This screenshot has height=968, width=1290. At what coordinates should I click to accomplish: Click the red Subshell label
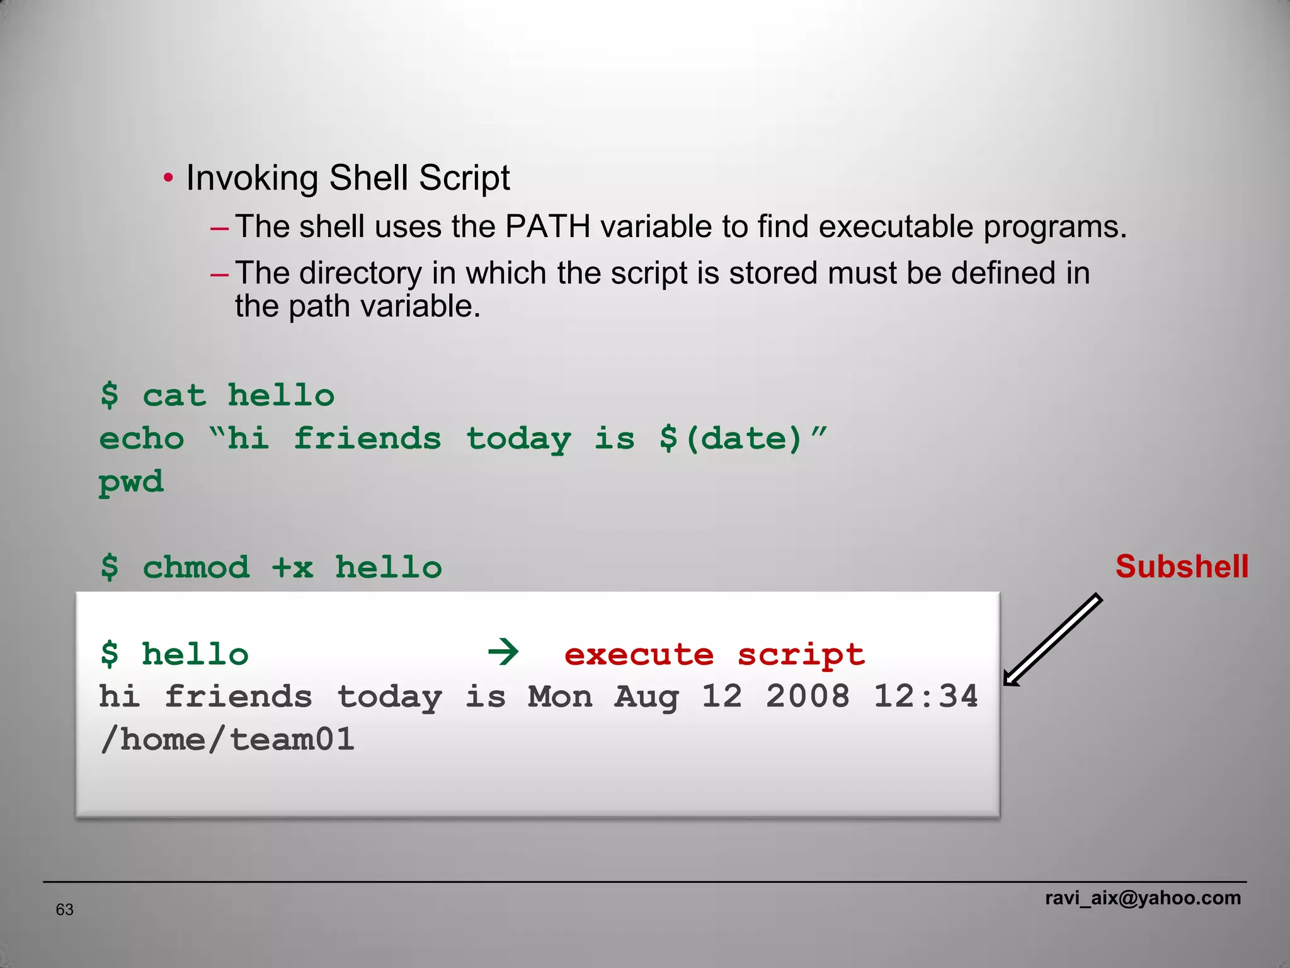[x=1182, y=567]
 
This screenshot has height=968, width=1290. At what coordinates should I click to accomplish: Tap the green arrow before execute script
[x=503, y=652]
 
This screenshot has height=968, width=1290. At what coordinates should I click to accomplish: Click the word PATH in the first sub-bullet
[x=547, y=226]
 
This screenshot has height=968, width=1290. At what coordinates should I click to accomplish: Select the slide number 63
[x=65, y=909]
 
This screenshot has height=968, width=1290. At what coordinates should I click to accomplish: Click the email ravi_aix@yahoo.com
[x=1143, y=897]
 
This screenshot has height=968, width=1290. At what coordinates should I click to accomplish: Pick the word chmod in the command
[x=196, y=567]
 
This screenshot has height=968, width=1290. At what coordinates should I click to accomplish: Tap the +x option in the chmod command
[x=292, y=568]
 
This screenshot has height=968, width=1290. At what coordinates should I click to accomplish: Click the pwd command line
[x=131, y=482]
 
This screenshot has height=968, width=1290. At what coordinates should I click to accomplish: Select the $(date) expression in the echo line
[x=731, y=438]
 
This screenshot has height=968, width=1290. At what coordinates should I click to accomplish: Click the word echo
[x=142, y=439]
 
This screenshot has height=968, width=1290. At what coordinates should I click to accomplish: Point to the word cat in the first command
[x=174, y=396]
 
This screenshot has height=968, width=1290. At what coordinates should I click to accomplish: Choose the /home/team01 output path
[x=227, y=739]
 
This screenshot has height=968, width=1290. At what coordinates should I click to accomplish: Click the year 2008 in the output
[x=808, y=696]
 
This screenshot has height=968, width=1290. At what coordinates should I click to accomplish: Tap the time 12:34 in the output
[x=925, y=696]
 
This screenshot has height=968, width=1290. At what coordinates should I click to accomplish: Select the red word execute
[x=639, y=655]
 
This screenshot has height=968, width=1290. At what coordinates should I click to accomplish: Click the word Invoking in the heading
[x=252, y=178]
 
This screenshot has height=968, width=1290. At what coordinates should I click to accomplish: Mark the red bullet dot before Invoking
[x=168, y=178]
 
